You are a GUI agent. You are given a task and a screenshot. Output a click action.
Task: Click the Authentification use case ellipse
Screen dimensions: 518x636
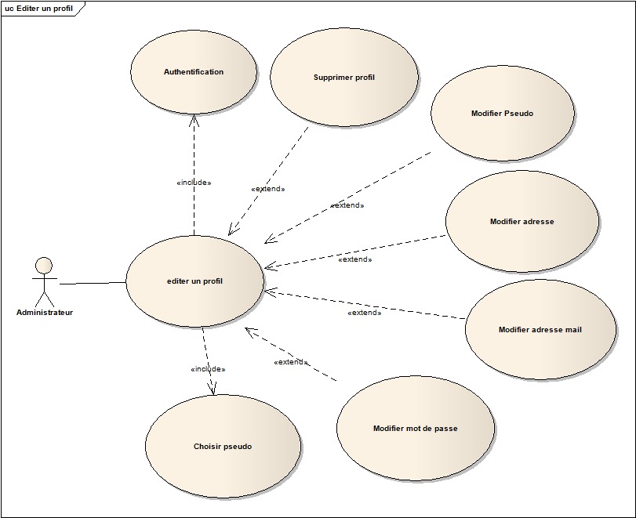pos(193,72)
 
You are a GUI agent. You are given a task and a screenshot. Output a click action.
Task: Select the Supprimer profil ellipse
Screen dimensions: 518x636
pos(343,78)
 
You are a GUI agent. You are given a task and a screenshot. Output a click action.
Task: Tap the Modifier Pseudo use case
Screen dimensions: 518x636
pos(502,114)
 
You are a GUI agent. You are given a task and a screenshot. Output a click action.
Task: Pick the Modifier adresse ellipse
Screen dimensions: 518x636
pos(522,222)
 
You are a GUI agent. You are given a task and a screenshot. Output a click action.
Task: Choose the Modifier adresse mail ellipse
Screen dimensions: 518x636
pos(540,330)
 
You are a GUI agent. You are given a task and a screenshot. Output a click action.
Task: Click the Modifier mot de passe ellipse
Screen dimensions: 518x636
pos(415,429)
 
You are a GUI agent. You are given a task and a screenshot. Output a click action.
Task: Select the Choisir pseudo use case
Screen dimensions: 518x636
pos(223,447)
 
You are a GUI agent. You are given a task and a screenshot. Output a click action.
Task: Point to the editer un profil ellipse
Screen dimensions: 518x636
pos(194,281)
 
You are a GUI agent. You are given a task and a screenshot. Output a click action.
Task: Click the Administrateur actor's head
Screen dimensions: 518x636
pos(45,265)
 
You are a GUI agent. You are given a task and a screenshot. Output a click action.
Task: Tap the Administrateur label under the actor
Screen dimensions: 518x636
pos(45,312)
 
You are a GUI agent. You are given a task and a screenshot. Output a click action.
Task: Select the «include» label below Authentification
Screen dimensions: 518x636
pos(194,183)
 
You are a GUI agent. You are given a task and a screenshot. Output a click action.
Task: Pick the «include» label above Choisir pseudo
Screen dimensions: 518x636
pos(208,369)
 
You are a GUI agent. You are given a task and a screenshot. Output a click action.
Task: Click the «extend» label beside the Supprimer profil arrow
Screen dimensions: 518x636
pos(267,189)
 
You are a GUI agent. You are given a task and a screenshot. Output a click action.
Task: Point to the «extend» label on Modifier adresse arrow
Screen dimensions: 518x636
pos(354,259)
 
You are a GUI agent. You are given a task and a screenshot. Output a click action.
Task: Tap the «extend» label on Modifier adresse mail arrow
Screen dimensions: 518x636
pos(364,313)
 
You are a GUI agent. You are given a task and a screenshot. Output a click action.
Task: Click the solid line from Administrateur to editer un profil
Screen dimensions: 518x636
pos(93,283)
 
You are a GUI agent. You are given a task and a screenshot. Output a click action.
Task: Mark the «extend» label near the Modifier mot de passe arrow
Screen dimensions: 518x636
pos(290,362)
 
